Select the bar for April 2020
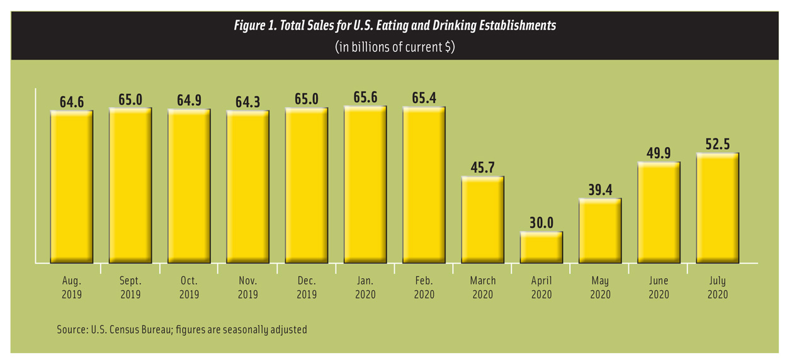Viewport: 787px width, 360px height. point(541,247)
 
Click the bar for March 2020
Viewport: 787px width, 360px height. point(483,220)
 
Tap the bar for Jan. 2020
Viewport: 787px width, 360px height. point(365,184)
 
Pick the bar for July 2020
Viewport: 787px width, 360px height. point(717,208)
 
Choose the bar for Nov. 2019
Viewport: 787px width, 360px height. point(248,187)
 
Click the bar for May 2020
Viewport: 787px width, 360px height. point(600,230)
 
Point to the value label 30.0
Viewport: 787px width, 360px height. point(541,222)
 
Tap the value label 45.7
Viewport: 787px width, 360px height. point(483,167)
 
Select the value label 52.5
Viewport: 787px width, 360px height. point(717,144)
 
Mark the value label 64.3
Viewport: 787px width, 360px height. point(248,101)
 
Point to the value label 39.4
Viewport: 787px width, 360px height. point(600,189)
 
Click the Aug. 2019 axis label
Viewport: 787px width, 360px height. point(72,287)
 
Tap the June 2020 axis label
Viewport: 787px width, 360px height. point(659,287)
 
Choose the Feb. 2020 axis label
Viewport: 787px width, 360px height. point(424,287)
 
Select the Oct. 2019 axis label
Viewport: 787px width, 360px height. point(189,287)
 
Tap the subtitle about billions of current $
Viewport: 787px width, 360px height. point(395,48)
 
